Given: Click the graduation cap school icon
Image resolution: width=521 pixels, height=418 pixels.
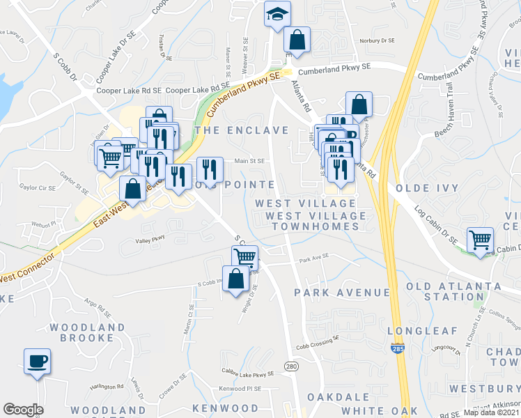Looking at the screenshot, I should pyautogui.click(x=277, y=14).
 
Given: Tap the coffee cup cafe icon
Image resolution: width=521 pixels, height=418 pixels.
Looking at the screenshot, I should pyautogui.click(x=37, y=362).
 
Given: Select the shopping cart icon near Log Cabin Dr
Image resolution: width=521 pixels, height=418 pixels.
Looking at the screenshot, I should pyautogui.click(x=480, y=240).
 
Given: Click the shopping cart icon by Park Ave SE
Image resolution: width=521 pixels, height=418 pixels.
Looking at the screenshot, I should pyautogui.click(x=244, y=257).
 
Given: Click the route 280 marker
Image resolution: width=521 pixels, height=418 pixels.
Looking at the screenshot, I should pyautogui.click(x=290, y=366).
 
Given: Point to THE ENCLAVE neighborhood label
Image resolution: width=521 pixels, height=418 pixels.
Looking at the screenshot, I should pyautogui.click(x=242, y=130).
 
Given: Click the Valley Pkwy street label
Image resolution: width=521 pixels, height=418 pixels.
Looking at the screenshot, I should pyautogui.click(x=150, y=240).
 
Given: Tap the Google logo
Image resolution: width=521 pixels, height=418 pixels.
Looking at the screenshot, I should pyautogui.click(x=23, y=410).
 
